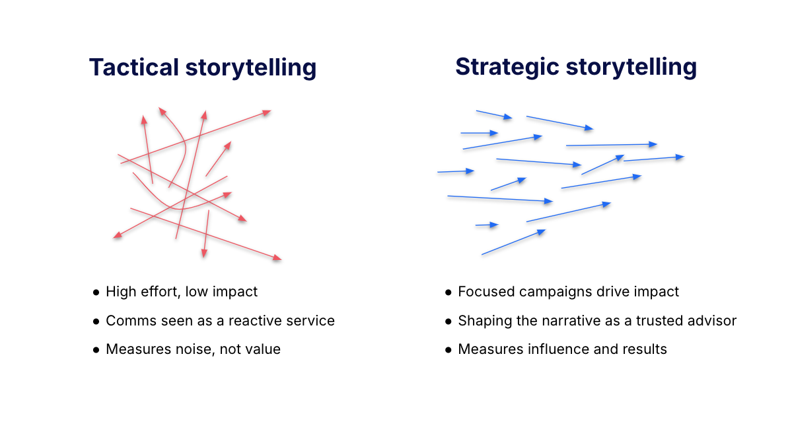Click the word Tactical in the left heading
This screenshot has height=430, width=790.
pyautogui.click(x=134, y=67)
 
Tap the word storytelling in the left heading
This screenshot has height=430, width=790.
pyautogui.click(x=251, y=67)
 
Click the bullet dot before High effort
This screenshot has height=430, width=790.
pyautogui.click(x=96, y=292)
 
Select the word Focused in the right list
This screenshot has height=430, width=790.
pyautogui.click(x=486, y=292)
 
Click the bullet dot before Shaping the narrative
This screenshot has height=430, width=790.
pyautogui.click(x=449, y=321)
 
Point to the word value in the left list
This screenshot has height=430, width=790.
pyautogui.click(x=263, y=349)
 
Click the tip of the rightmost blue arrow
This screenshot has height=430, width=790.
pyautogui.click(x=684, y=157)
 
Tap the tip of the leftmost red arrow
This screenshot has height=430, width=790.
pyautogui.click(x=114, y=237)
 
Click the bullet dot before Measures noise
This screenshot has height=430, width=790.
pyautogui.click(x=96, y=349)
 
